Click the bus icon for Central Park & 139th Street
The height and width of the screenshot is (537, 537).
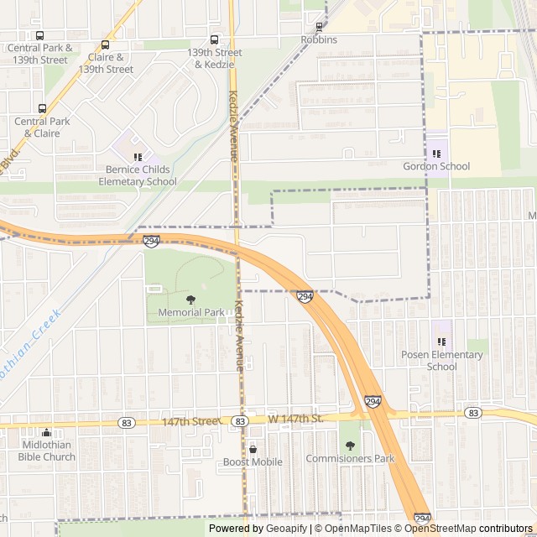(x=39, y=35)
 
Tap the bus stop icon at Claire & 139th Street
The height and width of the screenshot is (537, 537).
(x=106, y=44)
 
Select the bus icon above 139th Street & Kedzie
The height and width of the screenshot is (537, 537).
(x=214, y=39)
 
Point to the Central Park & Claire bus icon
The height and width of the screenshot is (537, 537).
(x=42, y=108)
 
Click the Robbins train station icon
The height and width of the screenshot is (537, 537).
(x=319, y=27)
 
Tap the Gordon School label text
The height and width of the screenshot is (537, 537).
(x=436, y=166)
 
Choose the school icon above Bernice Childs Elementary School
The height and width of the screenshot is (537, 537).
(x=138, y=156)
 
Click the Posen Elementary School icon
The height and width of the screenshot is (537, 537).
(x=442, y=341)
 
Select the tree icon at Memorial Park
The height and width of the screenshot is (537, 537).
(x=191, y=299)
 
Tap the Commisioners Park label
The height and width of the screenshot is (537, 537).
(x=350, y=459)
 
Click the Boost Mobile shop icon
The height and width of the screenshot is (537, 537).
(x=253, y=449)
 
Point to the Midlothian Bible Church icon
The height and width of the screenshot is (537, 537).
(x=47, y=431)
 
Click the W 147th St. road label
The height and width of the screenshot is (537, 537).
(x=295, y=418)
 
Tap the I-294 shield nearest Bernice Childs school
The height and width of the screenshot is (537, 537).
(x=152, y=241)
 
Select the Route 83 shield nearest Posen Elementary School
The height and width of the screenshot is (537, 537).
(x=473, y=413)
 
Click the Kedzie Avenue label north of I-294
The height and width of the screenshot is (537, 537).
(x=234, y=126)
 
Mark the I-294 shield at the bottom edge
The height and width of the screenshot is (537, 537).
(x=422, y=519)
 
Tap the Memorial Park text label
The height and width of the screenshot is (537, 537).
(x=191, y=313)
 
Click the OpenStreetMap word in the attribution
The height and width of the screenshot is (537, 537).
(x=441, y=529)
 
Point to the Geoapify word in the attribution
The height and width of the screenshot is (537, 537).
(x=288, y=529)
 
